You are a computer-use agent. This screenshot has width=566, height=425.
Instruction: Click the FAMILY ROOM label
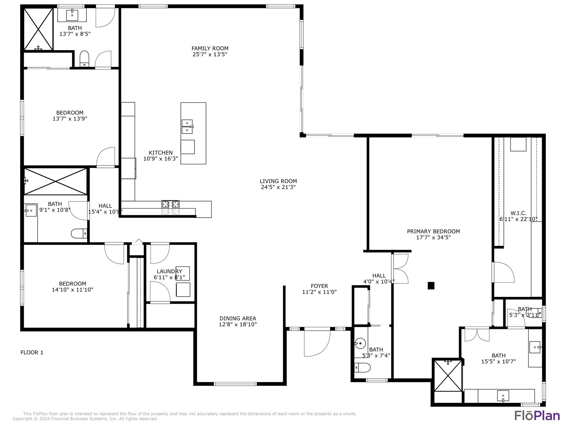point(210,48)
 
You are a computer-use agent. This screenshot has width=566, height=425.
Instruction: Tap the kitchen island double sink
point(187,127)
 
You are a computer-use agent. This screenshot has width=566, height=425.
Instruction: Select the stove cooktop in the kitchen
point(171,208)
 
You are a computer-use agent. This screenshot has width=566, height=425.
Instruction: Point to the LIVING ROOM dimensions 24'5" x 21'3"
point(278,187)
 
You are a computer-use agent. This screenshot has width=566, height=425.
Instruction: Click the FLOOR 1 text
point(32,353)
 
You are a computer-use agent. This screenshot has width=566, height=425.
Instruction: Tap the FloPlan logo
point(537,415)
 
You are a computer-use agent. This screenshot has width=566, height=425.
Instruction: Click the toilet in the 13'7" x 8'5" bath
point(84,58)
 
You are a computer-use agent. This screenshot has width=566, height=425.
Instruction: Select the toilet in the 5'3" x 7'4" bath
point(362,368)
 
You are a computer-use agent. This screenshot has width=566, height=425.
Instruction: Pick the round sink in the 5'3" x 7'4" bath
point(360,344)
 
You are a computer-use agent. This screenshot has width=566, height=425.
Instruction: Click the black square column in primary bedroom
point(431,286)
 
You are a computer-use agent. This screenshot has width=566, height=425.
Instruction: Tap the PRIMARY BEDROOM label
point(433,231)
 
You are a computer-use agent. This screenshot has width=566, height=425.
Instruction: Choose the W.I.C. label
point(518,213)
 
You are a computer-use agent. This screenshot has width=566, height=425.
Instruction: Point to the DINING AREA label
point(238,318)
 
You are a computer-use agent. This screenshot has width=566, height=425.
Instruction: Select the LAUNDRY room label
point(169,271)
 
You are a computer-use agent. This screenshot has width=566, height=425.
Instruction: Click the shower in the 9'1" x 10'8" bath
point(56,182)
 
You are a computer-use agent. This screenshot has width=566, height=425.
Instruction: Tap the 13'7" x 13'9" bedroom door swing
point(106,157)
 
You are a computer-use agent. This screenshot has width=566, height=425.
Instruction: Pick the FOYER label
point(319,286)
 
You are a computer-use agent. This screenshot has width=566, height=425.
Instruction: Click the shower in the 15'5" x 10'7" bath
point(448,375)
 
